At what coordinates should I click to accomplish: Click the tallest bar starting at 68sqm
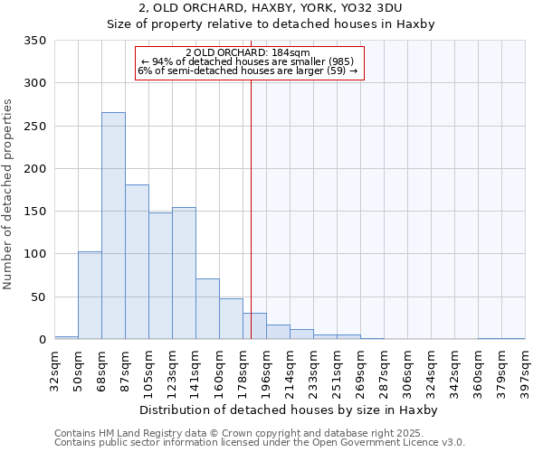pyautogui.click(x=113, y=226)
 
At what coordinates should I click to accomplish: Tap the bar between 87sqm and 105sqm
pyautogui.click(x=137, y=262)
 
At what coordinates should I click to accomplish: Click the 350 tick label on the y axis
pyautogui.click(x=34, y=41)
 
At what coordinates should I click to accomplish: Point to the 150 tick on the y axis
pyautogui.click(x=34, y=212)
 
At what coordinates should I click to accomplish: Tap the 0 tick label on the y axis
pyautogui.click(x=42, y=340)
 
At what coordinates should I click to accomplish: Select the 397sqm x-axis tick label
pyautogui.click(x=526, y=369)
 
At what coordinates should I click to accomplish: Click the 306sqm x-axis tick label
pyautogui.click(x=408, y=369)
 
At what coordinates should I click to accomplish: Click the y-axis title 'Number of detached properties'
pyautogui.click(x=9, y=194)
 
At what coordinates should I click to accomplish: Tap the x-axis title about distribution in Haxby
pyautogui.click(x=290, y=410)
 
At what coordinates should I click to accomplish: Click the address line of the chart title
pyautogui.click(x=271, y=8)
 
